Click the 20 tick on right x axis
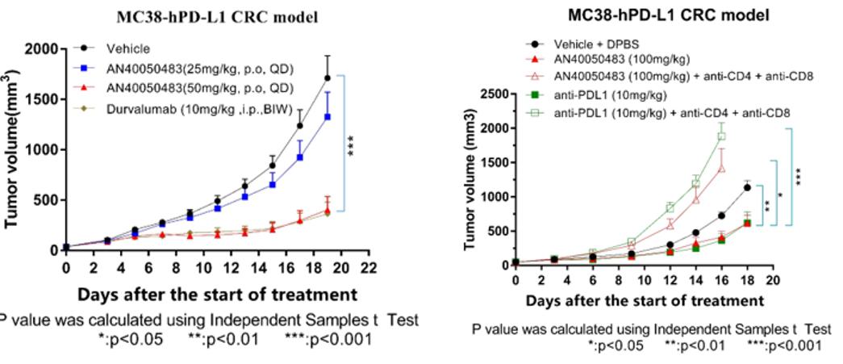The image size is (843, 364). click(773, 279)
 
